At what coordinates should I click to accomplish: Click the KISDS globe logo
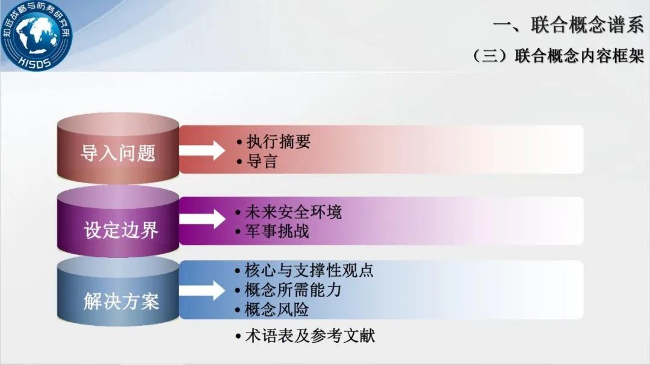(x=36, y=34)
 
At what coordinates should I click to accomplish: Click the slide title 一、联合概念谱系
(x=568, y=25)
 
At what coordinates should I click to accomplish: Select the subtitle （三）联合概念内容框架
(x=558, y=55)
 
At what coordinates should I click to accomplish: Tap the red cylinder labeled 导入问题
(x=118, y=149)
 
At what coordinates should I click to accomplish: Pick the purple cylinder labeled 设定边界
(x=118, y=221)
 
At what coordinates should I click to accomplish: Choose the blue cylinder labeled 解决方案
(x=118, y=291)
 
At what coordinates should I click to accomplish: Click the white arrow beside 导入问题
(x=202, y=150)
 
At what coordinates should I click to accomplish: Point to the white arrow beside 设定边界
(x=202, y=219)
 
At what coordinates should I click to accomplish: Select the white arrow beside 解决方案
(x=202, y=290)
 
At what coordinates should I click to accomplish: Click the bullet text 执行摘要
(x=279, y=142)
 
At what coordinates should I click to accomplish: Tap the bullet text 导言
(x=262, y=161)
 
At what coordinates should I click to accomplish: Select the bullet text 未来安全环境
(x=294, y=212)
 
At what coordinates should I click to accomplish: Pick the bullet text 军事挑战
(x=277, y=231)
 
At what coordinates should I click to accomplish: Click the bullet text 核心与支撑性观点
(x=309, y=270)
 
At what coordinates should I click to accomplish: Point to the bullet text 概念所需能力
(x=293, y=290)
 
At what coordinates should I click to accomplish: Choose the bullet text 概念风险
(x=277, y=310)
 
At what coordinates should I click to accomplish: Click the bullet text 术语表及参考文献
(x=310, y=336)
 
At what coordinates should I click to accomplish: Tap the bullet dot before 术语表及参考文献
(x=238, y=336)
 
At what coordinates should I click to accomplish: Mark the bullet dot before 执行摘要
(x=239, y=142)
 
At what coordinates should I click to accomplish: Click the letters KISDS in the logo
(x=35, y=63)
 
